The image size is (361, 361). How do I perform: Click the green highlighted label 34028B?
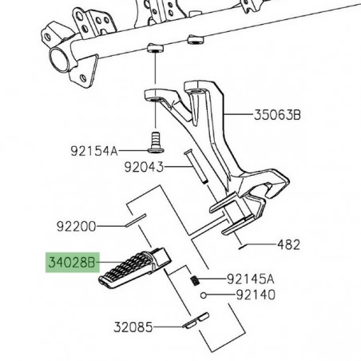(69, 261)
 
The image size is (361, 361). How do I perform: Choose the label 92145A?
(250, 279)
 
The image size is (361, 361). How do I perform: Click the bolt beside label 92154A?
(157, 145)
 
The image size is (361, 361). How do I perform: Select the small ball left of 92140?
(205, 295)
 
